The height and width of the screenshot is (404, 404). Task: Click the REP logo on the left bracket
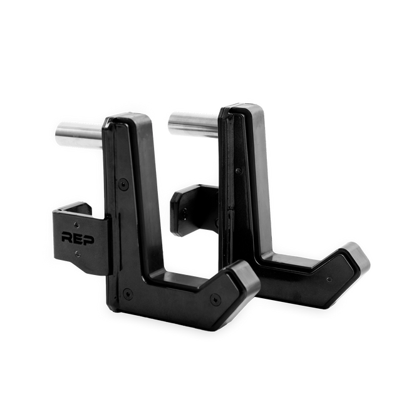coord(75,237)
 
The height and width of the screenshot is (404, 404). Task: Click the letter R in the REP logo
coord(66,237)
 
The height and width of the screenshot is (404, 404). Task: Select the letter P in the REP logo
coord(83,237)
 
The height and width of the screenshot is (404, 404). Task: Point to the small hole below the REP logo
coord(76,254)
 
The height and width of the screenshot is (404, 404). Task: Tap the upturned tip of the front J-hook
coord(241,276)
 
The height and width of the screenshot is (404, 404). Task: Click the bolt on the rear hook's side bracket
coord(186,217)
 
